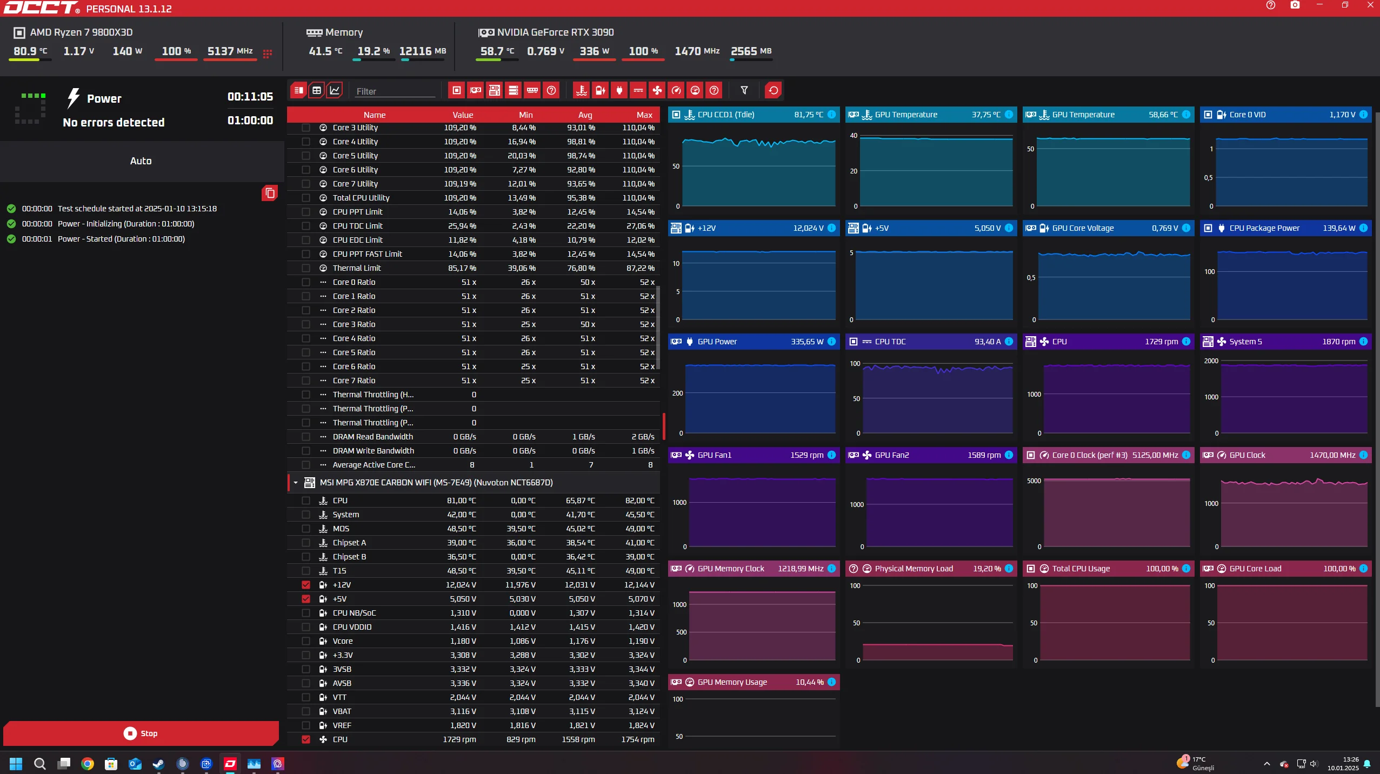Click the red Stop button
point(141,733)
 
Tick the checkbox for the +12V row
point(306,585)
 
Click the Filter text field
point(395,91)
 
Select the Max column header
point(644,115)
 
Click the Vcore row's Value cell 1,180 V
point(463,641)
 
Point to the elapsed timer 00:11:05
point(250,97)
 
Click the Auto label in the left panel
point(141,161)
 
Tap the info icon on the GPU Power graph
point(831,342)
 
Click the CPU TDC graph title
point(890,342)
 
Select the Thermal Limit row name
point(357,268)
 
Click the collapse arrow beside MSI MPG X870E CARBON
point(296,483)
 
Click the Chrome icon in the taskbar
point(87,763)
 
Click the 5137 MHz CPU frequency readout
point(230,51)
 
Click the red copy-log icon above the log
point(270,193)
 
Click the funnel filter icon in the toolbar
point(744,90)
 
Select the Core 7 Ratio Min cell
point(528,381)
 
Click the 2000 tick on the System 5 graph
point(1211,361)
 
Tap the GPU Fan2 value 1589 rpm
point(984,455)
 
